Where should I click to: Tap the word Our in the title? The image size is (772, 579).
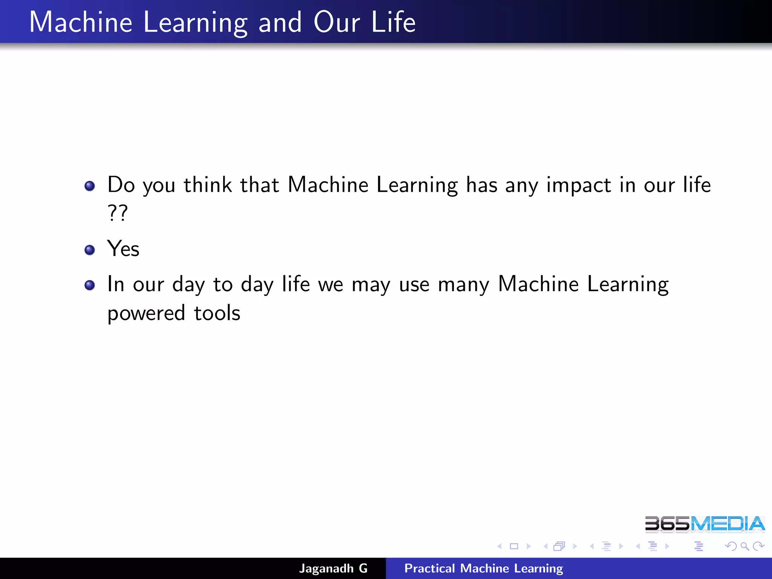point(337,23)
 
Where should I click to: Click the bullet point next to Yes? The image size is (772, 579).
point(90,250)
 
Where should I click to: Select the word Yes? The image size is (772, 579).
point(123,249)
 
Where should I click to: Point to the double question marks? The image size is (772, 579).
point(118,213)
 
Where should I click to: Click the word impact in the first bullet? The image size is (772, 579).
point(579,185)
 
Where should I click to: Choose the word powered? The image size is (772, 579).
point(146,314)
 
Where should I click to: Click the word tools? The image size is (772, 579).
point(217,313)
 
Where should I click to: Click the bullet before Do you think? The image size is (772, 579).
point(90,186)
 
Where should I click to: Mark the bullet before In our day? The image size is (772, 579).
point(90,285)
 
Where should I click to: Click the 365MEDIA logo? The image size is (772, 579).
point(705,524)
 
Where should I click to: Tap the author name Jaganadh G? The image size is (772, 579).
point(333,568)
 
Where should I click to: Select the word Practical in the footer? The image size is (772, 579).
point(429,568)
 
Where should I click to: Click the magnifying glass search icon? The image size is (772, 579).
point(744,546)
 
